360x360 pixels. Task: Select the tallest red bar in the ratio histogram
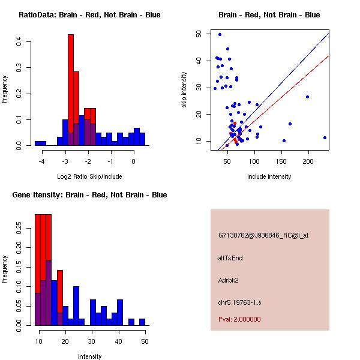[71, 90]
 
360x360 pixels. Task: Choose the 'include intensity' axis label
[269, 176]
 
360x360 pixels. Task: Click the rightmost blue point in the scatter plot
[325, 137]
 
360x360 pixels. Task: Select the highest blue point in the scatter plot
[220, 34]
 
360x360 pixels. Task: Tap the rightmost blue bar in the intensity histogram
[142, 322]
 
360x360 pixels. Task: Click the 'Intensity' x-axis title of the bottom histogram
[90, 356]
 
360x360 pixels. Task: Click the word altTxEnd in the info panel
[231, 258]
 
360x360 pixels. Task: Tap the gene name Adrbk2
[230, 280]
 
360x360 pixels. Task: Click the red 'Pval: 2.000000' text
[239, 319]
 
